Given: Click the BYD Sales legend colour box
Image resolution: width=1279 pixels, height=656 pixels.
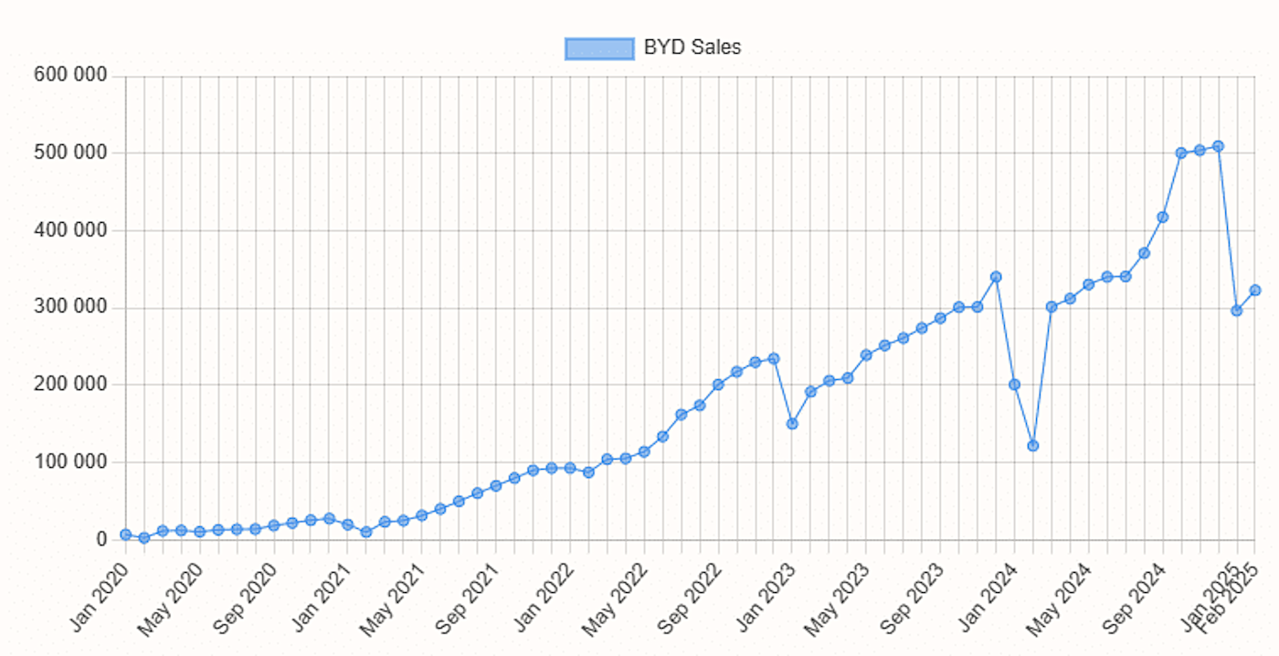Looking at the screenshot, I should [599, 48].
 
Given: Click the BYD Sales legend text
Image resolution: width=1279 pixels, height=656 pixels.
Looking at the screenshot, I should [692, 48].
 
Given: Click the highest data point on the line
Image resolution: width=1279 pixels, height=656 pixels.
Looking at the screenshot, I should [1218, 146].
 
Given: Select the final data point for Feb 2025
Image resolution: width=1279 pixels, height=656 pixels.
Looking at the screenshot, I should [1255, 291].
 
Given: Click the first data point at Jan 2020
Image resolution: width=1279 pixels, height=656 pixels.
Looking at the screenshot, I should [125, 534].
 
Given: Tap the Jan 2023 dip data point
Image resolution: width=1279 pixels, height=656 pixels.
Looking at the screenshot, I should [792, 424].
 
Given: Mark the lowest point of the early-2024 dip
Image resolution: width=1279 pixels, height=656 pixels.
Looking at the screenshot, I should [1033, 446].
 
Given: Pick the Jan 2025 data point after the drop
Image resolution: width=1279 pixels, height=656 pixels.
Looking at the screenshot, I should [1237, 311].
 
